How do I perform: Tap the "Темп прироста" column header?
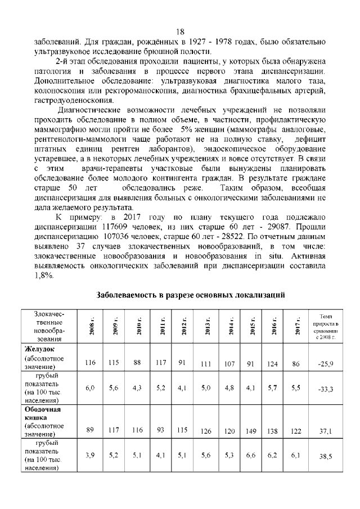click(x=327, y=327)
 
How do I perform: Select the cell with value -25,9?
click(x=326, y=364)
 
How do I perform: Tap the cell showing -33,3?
click(x=326, y=389)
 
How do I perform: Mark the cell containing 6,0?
click(x=90, y=388)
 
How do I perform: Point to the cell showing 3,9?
click(x=90, y=455)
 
